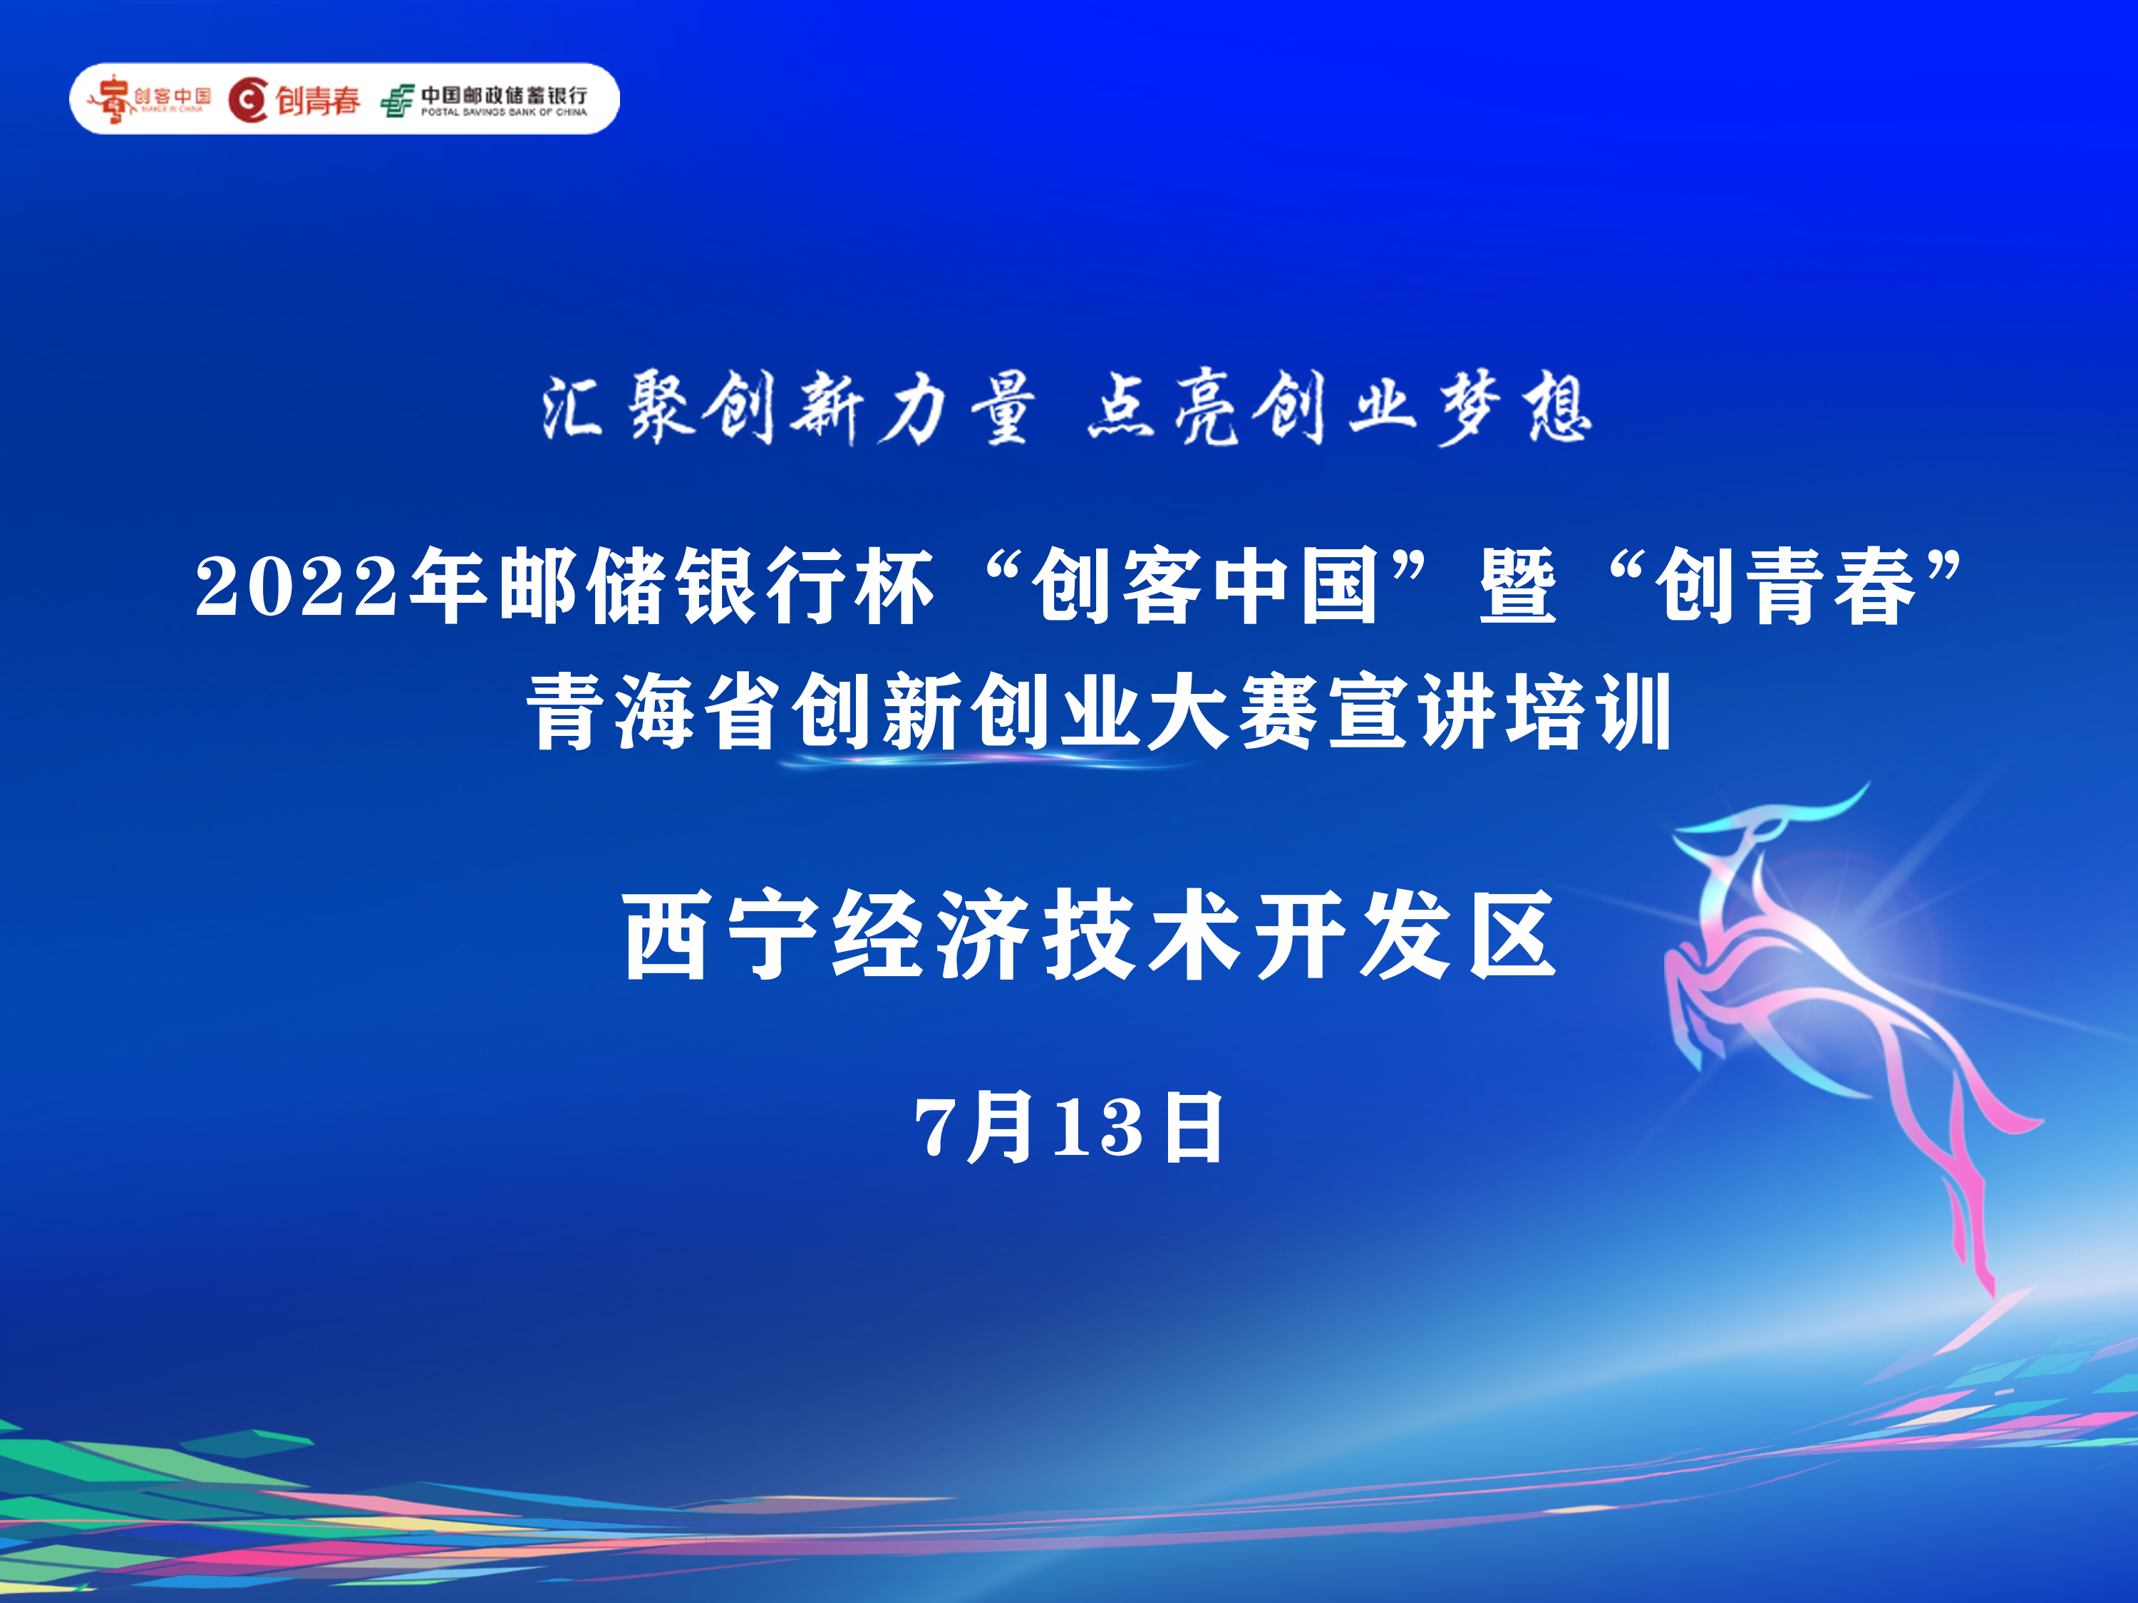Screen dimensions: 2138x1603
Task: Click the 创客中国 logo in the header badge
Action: (150, 98)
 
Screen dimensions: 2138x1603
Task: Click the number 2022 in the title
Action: (296, 586)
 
